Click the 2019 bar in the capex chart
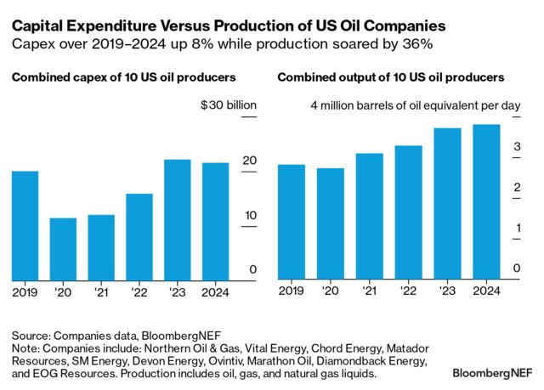pos(25,225)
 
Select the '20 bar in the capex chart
pos(64,249)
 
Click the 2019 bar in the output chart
pos(292,222)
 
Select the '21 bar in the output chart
pos(369,217)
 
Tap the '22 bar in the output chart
pos(408,212)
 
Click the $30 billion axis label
pos(228,106)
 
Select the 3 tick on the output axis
pos(516,147)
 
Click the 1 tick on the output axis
pos(516,228)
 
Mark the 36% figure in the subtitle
pos(417,40)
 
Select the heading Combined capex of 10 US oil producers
pos(123,77)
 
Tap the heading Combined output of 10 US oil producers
pos(391,77)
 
